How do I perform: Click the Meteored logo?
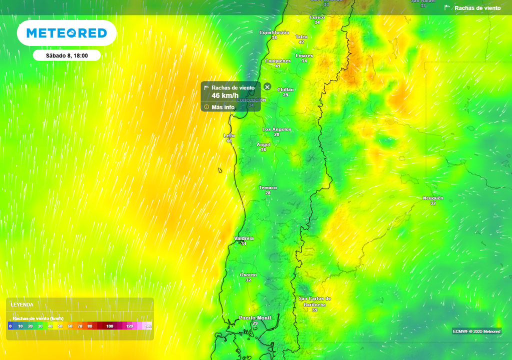click(66, 33)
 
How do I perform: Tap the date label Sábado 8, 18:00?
click(67, 55)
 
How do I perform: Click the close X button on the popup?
click(267, 87)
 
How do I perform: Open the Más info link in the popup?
click(222, 107)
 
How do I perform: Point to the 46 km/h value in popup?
click(225, 95)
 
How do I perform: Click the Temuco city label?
click(268, 188)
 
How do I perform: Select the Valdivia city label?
click(244, 238)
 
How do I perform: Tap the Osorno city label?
click(248, 275)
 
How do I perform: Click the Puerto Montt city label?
click(255, 318)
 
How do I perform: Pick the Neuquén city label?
click(433, 198)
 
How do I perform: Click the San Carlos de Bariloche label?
click(314, 301)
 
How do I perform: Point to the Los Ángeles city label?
click(276, 129)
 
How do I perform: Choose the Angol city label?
click(263, 144)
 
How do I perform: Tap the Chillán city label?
click(285, 89)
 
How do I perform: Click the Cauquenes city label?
click(277, 61)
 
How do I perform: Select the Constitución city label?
click(274, 32)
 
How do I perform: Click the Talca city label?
click(301, 37)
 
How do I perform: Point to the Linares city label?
click(304, 55)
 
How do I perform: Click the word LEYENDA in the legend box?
click(22, 304)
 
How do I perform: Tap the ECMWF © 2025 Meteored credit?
click(476, 331)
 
